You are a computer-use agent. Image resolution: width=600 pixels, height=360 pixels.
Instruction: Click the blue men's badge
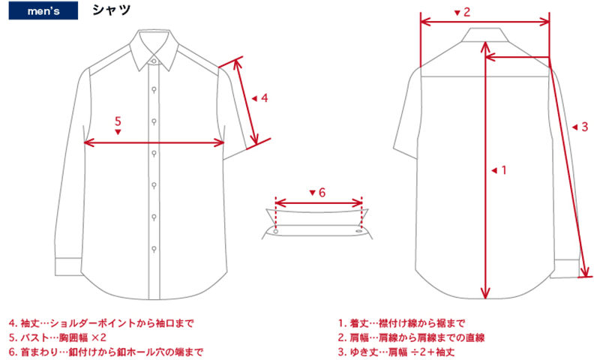click(x=43, y=10)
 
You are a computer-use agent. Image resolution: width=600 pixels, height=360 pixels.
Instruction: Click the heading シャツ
click(x=111, y=10)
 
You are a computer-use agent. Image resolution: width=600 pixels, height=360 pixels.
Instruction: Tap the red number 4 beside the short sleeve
click(x=265, y=98)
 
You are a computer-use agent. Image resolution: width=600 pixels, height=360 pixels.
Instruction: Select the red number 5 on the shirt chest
click(x=118, y=121)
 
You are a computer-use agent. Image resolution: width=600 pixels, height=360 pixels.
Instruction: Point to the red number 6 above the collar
click(x=322, y=193)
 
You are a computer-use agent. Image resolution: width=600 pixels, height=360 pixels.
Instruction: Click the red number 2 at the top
click(x=466, y=12)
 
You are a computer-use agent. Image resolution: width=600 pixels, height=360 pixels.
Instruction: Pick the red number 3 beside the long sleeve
click(x=584, y=127)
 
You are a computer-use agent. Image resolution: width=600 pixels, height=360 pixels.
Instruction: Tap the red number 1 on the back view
click(x=503, y=169)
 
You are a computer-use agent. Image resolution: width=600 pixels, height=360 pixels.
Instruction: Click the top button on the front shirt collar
click(x=154, y=61)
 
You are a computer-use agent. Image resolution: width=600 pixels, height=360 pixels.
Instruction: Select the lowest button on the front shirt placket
click(x=154, y=249)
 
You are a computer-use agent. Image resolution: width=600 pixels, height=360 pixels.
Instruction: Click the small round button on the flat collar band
click(x=275, y=232)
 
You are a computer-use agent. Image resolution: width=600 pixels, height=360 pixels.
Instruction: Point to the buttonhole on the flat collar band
click(x=359, y=231)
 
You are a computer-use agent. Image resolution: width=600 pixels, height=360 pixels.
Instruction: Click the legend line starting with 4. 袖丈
click(x=101, y=323)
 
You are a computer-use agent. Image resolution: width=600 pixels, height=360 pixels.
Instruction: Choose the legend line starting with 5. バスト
click(x=58, y=337)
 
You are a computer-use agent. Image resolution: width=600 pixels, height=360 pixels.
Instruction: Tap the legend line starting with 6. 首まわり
click(x=106, y=352)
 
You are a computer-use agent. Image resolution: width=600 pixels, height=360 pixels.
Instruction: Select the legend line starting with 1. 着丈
click(x=401, y=323)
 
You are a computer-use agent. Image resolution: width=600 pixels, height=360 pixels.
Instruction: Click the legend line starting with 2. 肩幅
click(x=411, y=337)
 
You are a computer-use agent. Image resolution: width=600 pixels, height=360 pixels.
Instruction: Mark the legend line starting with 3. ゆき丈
click(x=397, y=352)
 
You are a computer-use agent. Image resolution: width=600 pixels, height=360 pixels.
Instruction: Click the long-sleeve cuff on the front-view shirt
click(x=68, y=267)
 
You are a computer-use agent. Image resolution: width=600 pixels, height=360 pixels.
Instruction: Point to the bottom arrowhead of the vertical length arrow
click(x=485, y=294)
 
